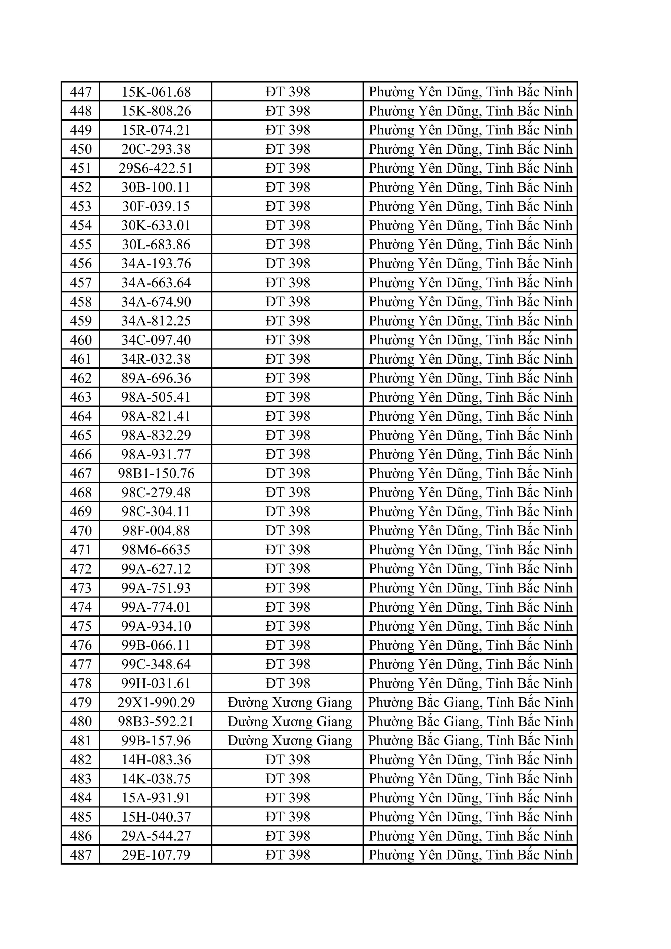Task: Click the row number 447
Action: tap(81, 92)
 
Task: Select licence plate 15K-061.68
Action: tap(156, 92)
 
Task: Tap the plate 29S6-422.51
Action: tap(156, 168)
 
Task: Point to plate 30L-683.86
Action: tap(156, 245)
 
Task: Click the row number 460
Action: tap(81, 340)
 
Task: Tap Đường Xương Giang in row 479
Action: tap(290, 703)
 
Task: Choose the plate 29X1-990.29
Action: tap(156, 703)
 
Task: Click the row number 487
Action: tap(81, 855)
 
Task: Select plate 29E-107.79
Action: tap(156, 855)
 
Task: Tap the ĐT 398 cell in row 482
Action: tap(288, 760)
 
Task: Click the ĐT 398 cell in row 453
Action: tap(288, 206)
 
